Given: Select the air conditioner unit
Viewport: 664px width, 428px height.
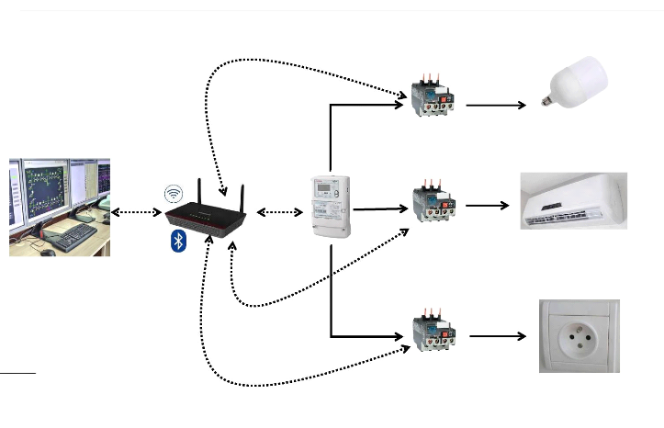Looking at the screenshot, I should (x=574, y=200).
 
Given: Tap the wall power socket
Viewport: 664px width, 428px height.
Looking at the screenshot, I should (x=579, y=335).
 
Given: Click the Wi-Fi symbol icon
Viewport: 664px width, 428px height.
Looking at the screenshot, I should (x=174, y=194).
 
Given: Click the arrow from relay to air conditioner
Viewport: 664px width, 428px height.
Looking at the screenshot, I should (x=487, y=205).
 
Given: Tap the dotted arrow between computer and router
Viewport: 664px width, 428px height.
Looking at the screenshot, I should (x=136, y=212).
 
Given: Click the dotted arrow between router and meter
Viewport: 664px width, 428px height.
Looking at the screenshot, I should (x=280, y=212).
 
